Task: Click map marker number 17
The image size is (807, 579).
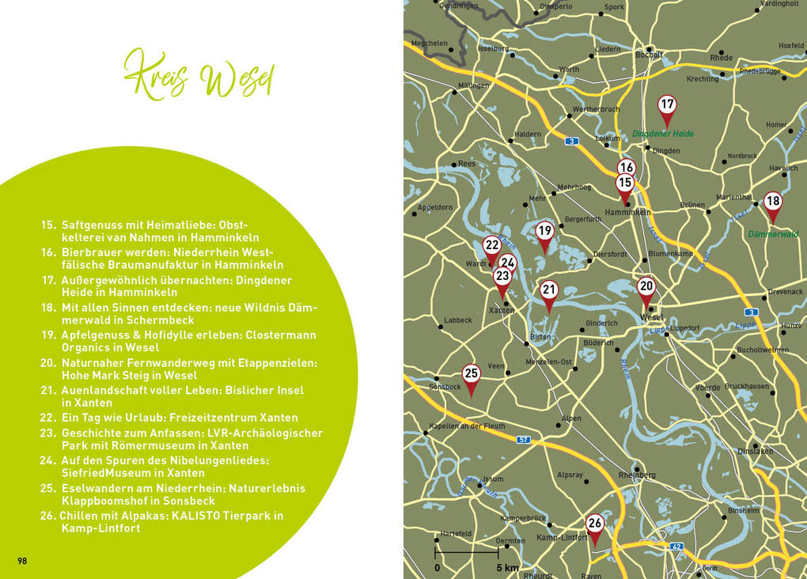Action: tap(667, 105)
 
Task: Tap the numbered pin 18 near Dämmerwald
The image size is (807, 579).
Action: tap(773, 202)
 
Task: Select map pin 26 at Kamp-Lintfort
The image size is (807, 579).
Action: tap(595, 524)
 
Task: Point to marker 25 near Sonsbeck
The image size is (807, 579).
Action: tap(471, 374)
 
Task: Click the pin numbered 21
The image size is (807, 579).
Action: tap(549, 290)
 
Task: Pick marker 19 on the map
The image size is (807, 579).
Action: tap(544, 232)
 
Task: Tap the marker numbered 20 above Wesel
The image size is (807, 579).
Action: tap(646, 287)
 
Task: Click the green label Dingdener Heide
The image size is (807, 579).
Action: tap(663, 134)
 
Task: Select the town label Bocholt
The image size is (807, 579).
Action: tap(650, 55)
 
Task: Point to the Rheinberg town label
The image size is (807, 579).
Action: tap(637, 475)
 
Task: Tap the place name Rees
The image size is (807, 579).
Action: tap(467, 164)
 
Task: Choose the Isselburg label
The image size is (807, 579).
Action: tap(493, 48)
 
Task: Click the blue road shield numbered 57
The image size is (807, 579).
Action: tap(523, 439)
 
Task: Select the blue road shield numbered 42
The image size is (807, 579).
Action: tap(676, 546)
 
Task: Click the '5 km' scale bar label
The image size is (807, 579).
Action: tap(508, 568)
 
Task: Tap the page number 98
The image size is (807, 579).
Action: tap(22, 561)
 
